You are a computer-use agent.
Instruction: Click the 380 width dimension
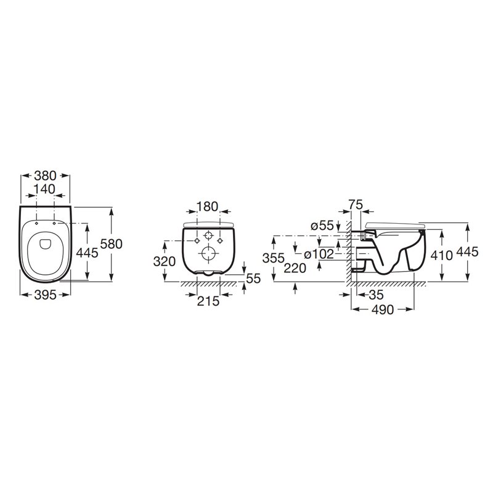tap(45, 176)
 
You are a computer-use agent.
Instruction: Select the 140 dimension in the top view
tap(44, 189)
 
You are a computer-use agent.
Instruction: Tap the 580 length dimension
tap(112, 243)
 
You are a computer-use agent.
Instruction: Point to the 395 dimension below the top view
tap(45, 295)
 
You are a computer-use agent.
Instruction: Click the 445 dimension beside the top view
tap(88, 253)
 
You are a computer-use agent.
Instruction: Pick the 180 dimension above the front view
tap(207, 206)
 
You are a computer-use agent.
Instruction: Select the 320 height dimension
tap(165, 261)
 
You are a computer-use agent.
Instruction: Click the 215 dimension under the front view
tap(208, 301)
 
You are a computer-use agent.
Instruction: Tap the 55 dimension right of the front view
tap(254, 279)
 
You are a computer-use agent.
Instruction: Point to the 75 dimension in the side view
tap(356, 205)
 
